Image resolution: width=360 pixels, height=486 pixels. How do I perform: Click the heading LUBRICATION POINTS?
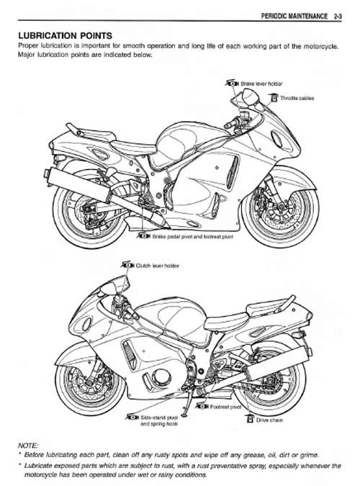pyautogui.click(x=65, y=36)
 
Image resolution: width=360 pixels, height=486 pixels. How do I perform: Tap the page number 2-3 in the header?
pyautogui.click(x=338, y=16)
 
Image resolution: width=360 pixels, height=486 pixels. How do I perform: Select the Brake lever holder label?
pyautogui.click(x=261, y=84)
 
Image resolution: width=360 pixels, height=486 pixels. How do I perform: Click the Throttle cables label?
pyautogui.click(x=297, y=98)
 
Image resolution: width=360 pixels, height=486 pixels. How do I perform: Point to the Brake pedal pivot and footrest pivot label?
pyautogui.click(x=192, y=236)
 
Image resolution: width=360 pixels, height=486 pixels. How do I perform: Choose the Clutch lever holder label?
pyautogui.click(x=157, y=266)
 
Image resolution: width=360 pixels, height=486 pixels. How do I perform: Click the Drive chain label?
pyautogui.click(x=269, y=420)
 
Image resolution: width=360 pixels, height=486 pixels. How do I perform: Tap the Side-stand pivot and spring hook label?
pyautogui.click(x=159, y=420)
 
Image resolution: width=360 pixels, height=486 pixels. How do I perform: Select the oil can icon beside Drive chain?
pyautogui.click(x=250, y=419)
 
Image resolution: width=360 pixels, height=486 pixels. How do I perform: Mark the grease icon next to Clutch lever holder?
pyautogui.click(x=127, y=265)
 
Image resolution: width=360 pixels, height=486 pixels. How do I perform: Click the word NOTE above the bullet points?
pyautogui.click(x=28, y=446)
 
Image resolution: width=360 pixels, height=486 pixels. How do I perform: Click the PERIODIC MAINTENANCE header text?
pyautogui.click(x=294, y=16)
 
